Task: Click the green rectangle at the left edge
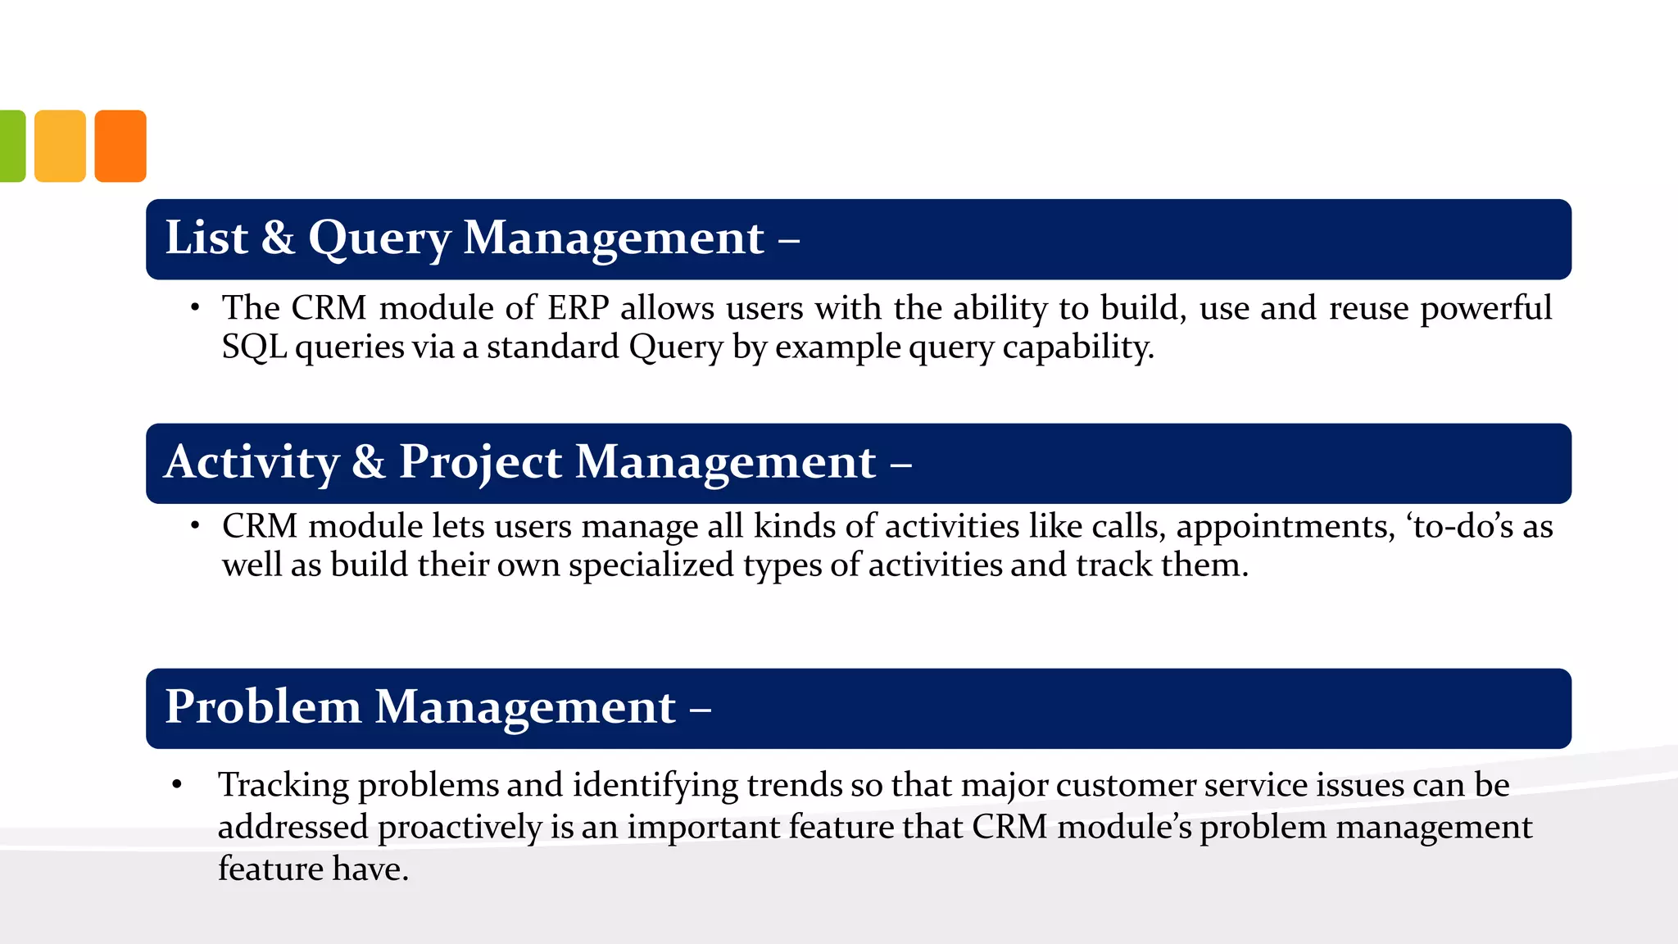coord(11,146)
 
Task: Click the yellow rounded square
coord(60,146)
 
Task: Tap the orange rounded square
coord(120,146)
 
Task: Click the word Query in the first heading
coord(379,239)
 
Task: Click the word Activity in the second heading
coord(252,463)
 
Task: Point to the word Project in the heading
coord(480,463)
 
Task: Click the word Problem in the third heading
coord(263,706)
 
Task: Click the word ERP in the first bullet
coord(578,308)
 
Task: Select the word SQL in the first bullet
coord(254,347)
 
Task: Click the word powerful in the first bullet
coord(1485,308)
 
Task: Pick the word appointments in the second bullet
coord(1285,527)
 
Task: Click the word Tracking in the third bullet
coord(283,786)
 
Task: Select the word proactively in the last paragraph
coord(460,828)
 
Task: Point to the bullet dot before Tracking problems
coord(177,785)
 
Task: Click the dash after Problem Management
coord(700,708)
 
